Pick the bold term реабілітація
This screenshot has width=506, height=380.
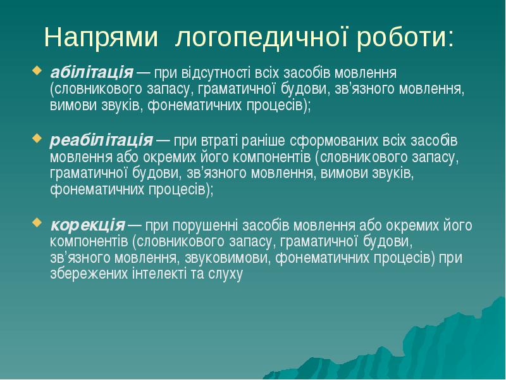pos(101,139)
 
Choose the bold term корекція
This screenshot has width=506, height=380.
pos(87,224)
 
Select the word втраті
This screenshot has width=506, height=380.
pos(225,140)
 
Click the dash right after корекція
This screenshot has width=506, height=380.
pos(135,225)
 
